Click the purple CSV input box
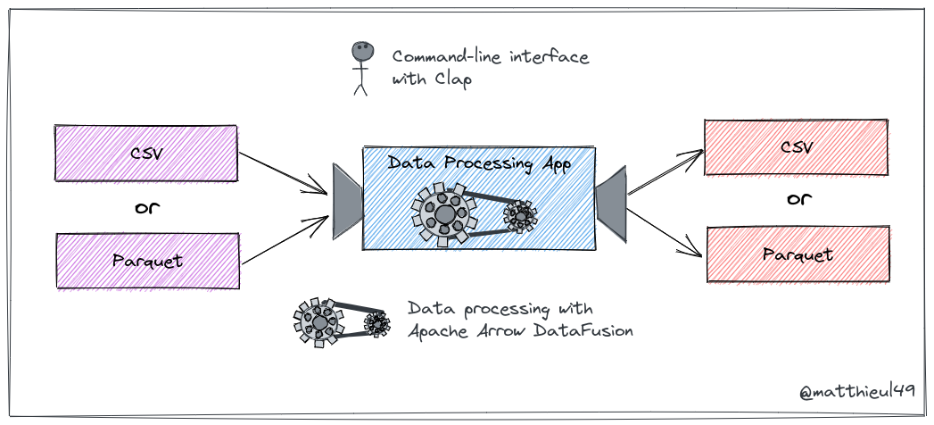tap(146, 152)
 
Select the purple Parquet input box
tap(148, 261)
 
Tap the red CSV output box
tap(796, 147)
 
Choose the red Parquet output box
tap(798, 254)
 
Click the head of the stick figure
tap(360, 53)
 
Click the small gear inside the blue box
tap(520, 214)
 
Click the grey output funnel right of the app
tap(611, 201)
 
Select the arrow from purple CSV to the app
tap(284, 173)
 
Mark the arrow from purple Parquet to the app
tap(284, 240)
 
